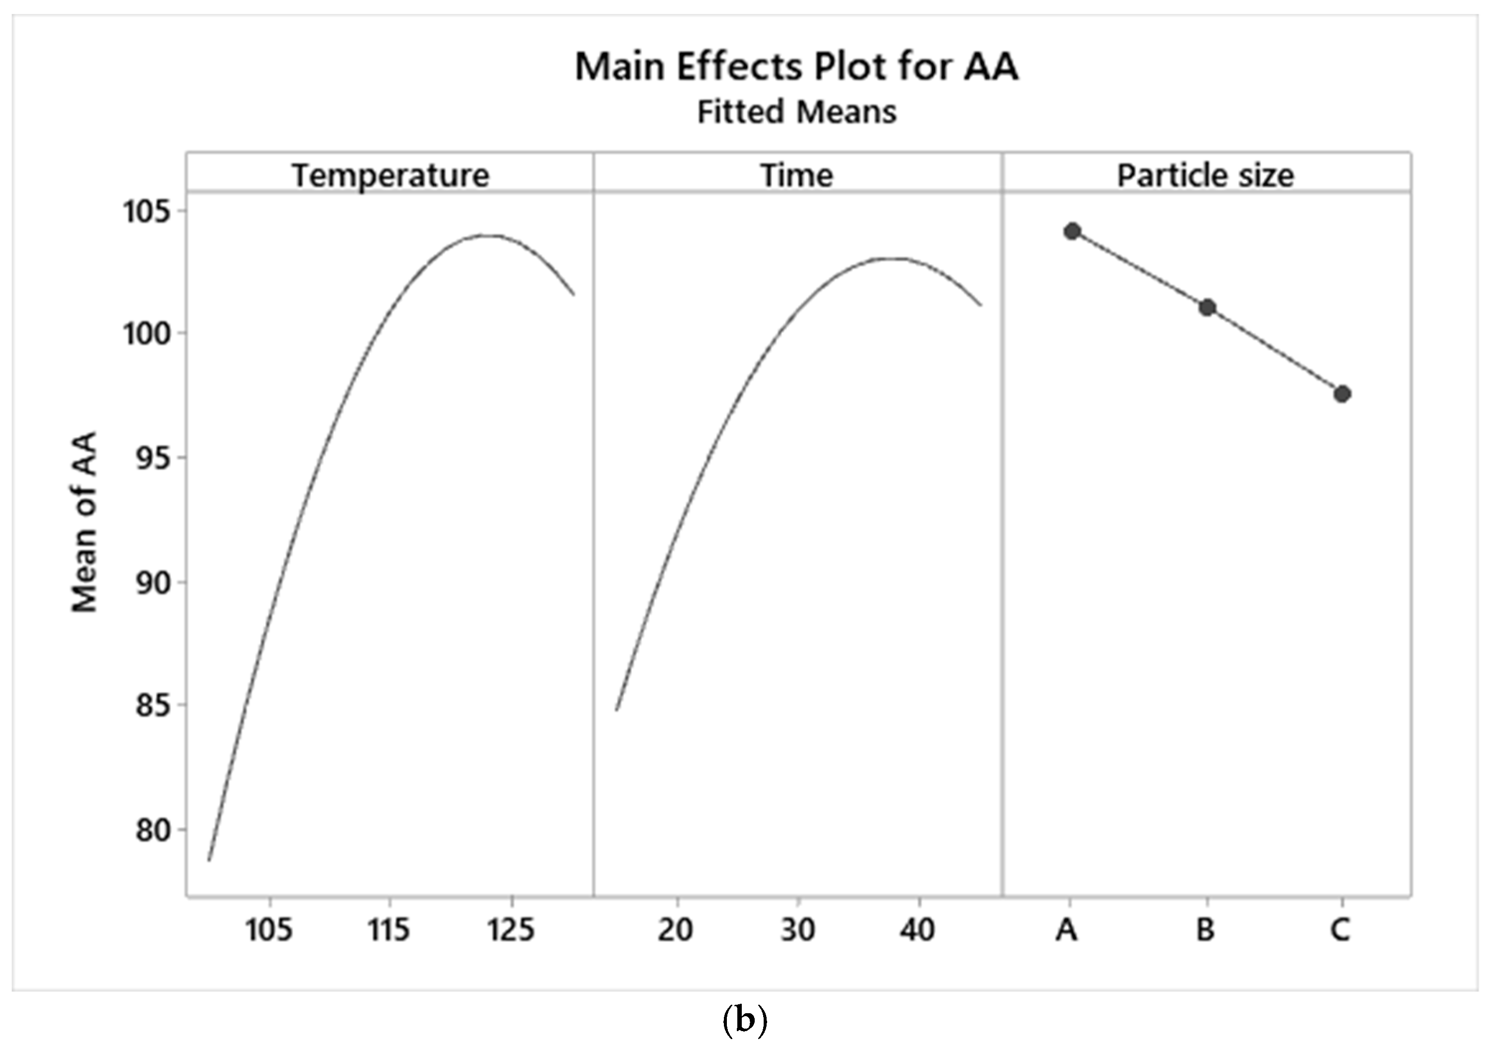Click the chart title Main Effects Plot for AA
click(796, 67)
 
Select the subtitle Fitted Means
click(796, 112)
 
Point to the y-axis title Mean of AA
click(84, 522)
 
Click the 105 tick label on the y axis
click(147, 212)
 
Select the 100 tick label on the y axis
click(147, 334)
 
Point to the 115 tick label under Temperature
click(389, 930)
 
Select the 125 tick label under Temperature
click(511, 930)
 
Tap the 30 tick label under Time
click(798, 930)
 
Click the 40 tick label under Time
click(918, 930)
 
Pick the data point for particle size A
click(1072, 231)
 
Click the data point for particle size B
click(1207, 307)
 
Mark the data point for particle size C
click(1342, 394)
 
